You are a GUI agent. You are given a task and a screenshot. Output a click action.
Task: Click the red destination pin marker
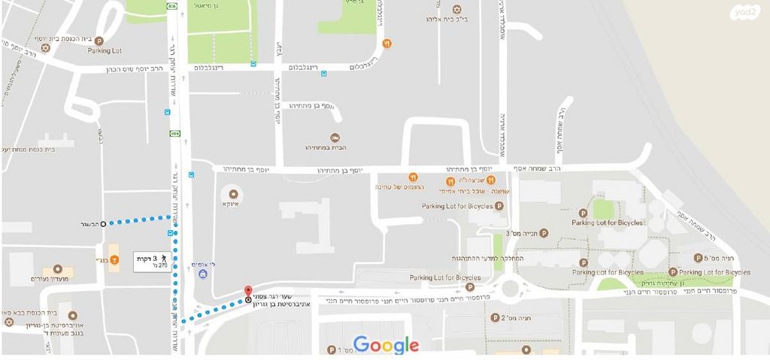tap(248, 292)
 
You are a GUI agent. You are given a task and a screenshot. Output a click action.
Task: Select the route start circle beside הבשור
tap(104, 223)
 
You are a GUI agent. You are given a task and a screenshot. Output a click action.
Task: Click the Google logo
tap(386, 345)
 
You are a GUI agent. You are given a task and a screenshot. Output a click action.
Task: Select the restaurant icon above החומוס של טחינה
tap(413, 177)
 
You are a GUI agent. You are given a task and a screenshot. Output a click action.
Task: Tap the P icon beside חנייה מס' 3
tap(544, 234)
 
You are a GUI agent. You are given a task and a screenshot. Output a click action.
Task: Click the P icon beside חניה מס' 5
tap(699, 256)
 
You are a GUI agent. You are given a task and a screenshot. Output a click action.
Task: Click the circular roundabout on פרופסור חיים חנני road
tap(513, 287)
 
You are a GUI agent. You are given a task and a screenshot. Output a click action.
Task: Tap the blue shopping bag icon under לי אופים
tap(203, 275)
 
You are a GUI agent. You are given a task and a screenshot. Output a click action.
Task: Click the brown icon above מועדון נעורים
tap(58, 269)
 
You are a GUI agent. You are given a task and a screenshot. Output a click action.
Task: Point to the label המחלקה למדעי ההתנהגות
tap(491, 258)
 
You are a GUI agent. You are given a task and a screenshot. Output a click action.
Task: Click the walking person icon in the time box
tap(163, 258)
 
